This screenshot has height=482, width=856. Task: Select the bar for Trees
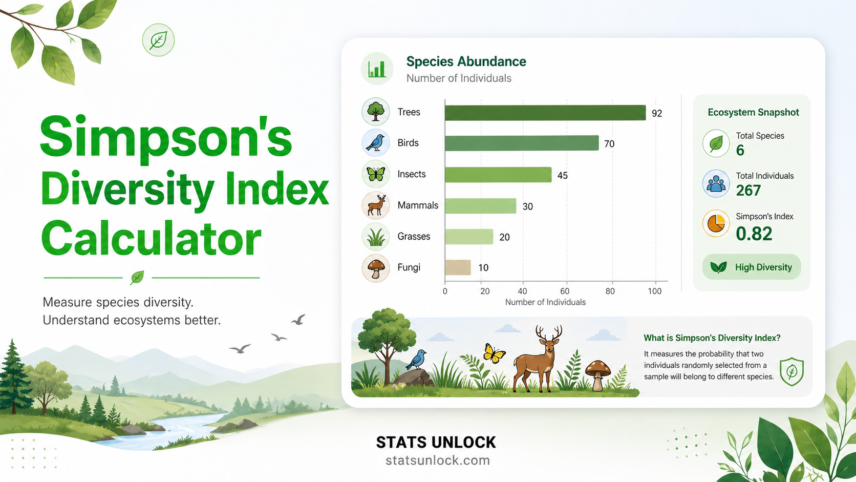click(545, 113)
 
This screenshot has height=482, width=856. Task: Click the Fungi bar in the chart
click(458, 267)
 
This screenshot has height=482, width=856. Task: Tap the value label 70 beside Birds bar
click(609, 144)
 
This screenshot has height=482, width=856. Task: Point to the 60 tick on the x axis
click(565, 291)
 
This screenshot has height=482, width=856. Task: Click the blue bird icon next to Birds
click(376, 142)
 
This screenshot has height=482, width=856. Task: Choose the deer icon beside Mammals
click(376, 205)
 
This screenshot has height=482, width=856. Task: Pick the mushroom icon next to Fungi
click(376, 267)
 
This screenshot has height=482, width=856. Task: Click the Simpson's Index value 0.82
click(754, 234)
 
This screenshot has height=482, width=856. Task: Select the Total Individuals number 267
click(748, 191)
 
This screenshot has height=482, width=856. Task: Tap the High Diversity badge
click(751, 267)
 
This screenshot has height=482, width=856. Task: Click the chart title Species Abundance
click(466, 61)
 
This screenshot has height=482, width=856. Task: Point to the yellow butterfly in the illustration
click(494, 353)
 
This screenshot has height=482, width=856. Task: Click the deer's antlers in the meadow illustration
click(548, 333)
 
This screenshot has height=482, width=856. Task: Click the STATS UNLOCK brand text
click(436, 443)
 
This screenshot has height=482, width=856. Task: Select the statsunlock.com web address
click(437, 460)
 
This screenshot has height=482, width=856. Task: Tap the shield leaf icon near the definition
click(791, 371)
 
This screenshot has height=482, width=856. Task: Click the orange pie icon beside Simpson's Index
click(716, 223)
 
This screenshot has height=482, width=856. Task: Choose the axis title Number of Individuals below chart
click(545, 302)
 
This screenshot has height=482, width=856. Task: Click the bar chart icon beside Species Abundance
click(377, 69)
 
